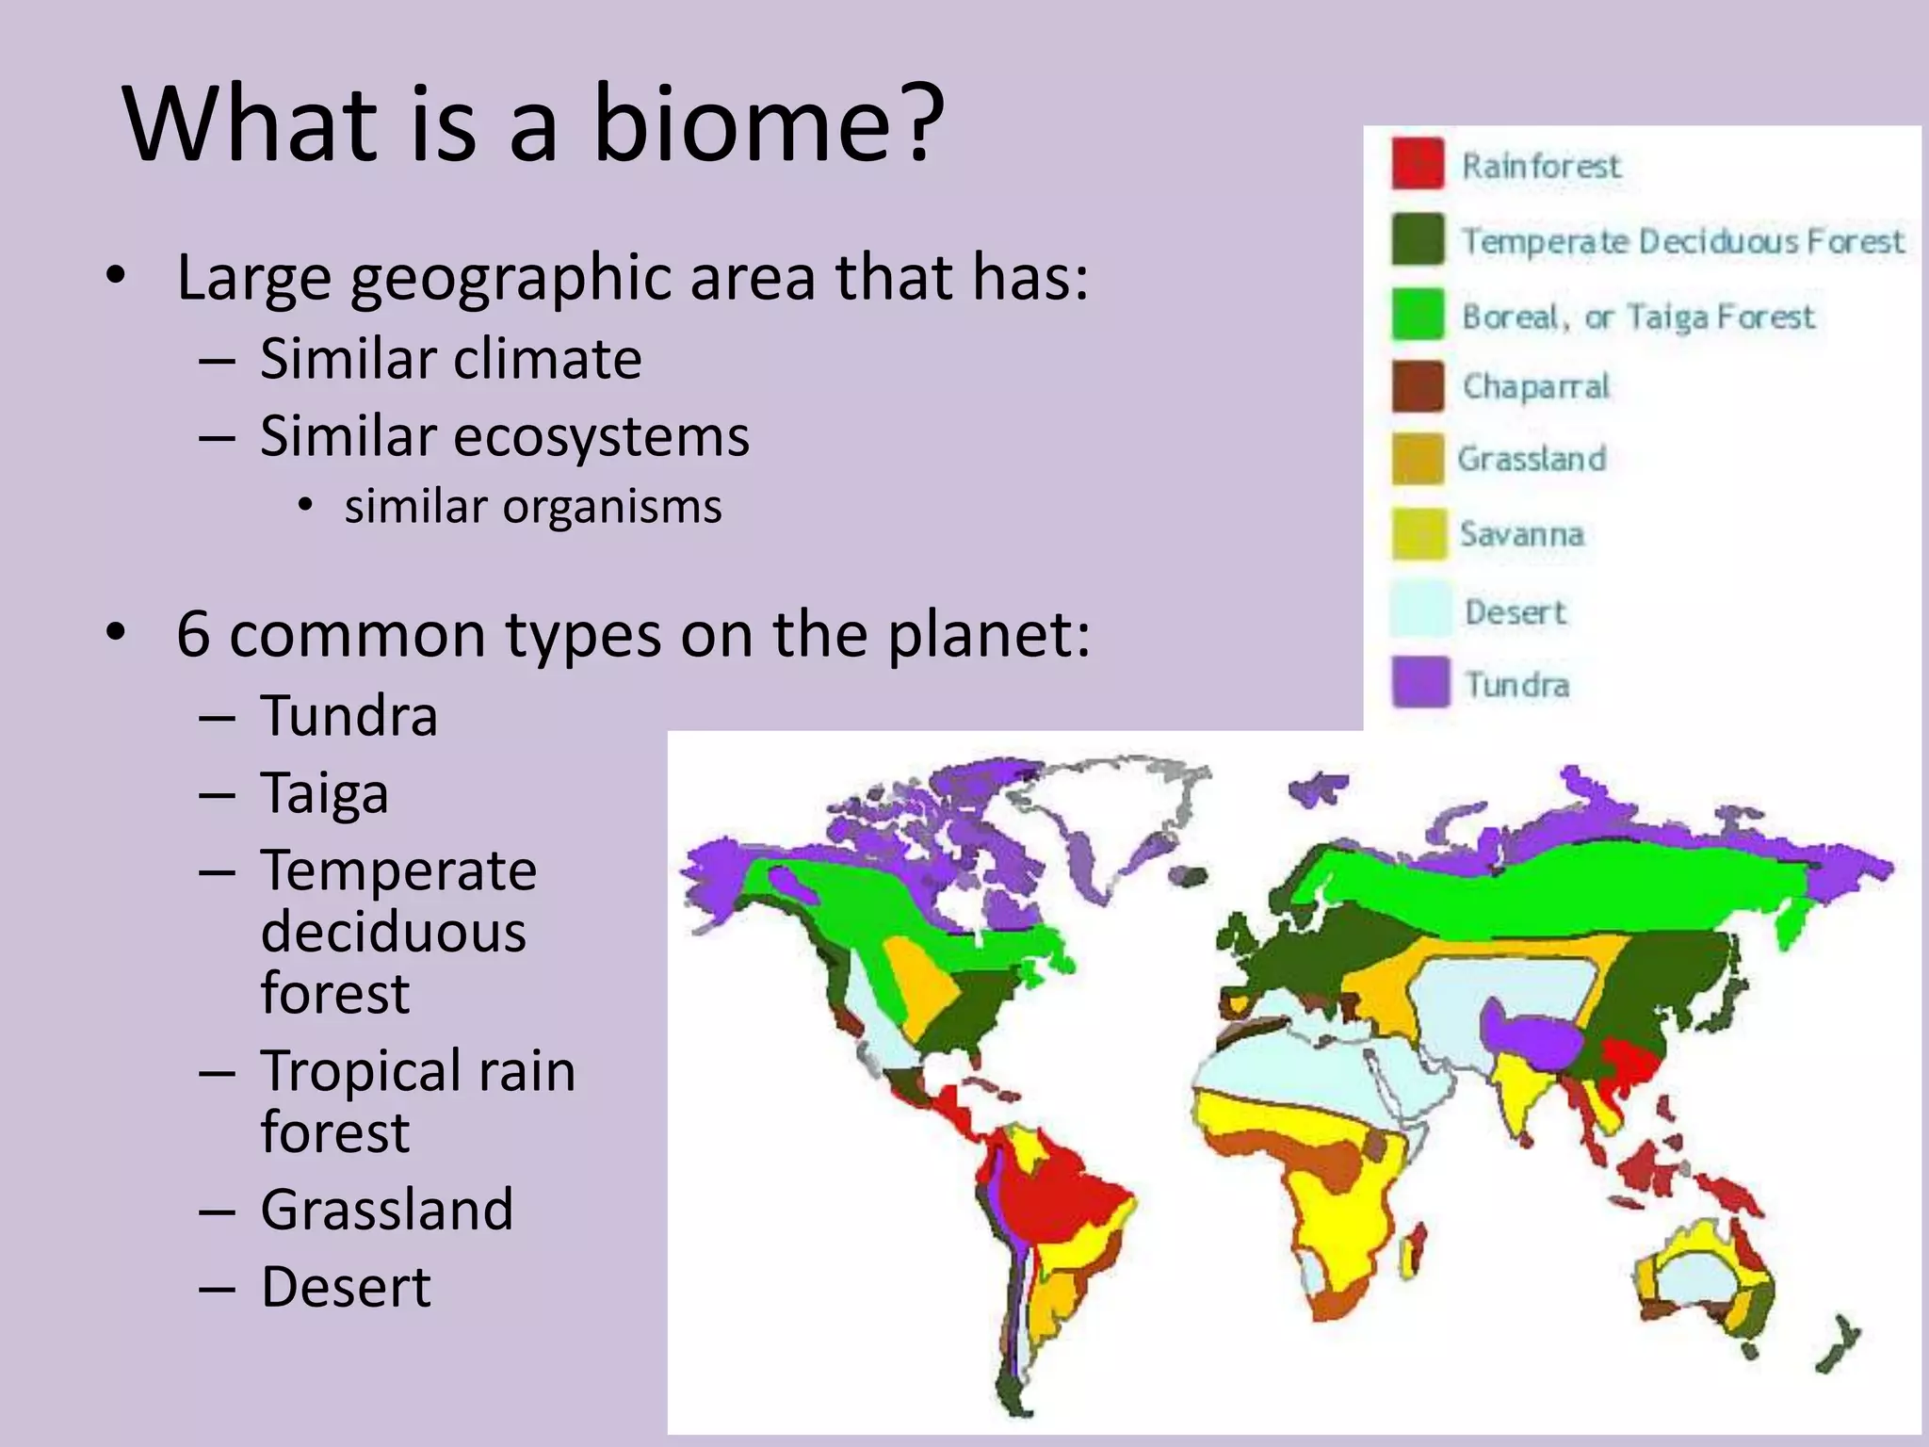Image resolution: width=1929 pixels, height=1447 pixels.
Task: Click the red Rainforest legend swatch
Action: click(1418, 164)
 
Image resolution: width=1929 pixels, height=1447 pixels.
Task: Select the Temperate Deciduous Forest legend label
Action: click(1682, 241)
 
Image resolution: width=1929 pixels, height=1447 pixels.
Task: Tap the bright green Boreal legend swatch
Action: click(1418, 314)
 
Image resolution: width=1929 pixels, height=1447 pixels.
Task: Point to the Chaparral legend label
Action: click(1535, 386)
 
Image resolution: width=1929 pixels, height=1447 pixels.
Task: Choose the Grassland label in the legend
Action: click(1532, 459)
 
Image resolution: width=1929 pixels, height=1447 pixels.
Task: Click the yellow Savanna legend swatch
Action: click(1418, 534)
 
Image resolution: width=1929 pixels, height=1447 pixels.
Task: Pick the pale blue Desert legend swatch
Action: click(1419, 610)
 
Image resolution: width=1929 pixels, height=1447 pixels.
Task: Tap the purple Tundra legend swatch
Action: click(1419, 682)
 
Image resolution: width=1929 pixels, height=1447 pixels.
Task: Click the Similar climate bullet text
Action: click(450, 359)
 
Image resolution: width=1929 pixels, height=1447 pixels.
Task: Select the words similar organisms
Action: click(532, 507)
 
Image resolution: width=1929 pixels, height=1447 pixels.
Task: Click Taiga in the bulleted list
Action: click(324, 793)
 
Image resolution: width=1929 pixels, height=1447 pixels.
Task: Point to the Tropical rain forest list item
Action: click(416, 1100)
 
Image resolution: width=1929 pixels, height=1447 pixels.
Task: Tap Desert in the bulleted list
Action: click(346, 1287)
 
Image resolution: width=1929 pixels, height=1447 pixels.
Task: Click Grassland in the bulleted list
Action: click(386, 1210)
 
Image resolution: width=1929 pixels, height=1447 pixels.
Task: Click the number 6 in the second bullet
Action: click(193, 634)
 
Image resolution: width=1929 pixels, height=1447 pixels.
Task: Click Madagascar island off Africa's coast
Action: click(1413, 1253)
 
